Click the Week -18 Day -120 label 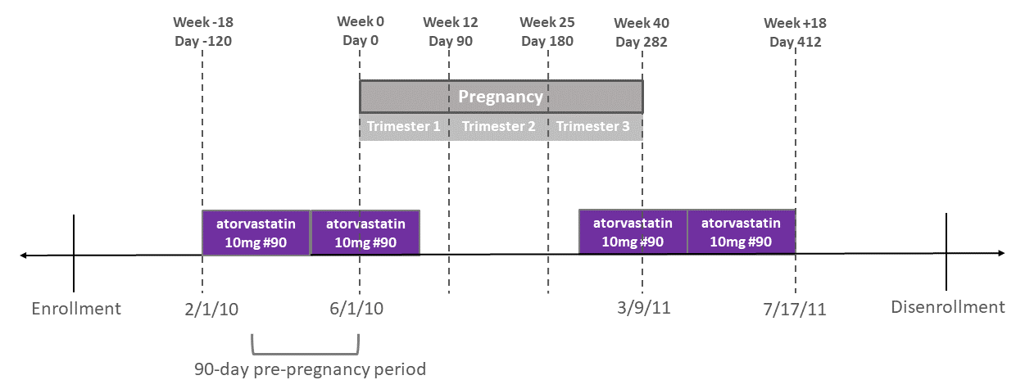coord(202,31)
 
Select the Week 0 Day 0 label coord(360,31)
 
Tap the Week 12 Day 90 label coord(450,31)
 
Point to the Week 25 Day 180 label coord(547,31)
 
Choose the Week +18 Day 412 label coord(795,32)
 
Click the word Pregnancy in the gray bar coord(501,97)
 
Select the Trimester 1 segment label coord(403,127)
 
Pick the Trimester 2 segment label coord(498,127)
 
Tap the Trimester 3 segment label coord(593,127)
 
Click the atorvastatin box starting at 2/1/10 coord(256,233)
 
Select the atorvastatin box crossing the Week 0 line coord(365,233)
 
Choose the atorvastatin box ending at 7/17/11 coord(741,233)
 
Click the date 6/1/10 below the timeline coord(357,309)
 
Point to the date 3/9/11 coord(643,309)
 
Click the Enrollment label coord(76,309)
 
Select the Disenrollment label coord(948,308)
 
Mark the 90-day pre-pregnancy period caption coord(311,369)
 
